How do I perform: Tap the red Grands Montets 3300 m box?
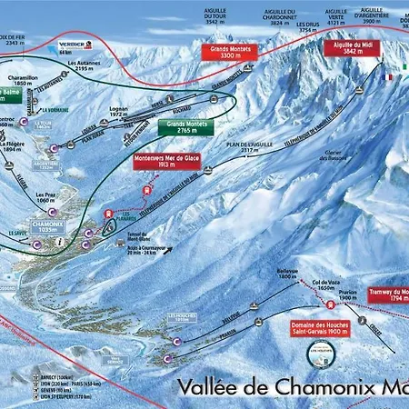231,52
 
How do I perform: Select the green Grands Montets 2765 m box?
185,128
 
